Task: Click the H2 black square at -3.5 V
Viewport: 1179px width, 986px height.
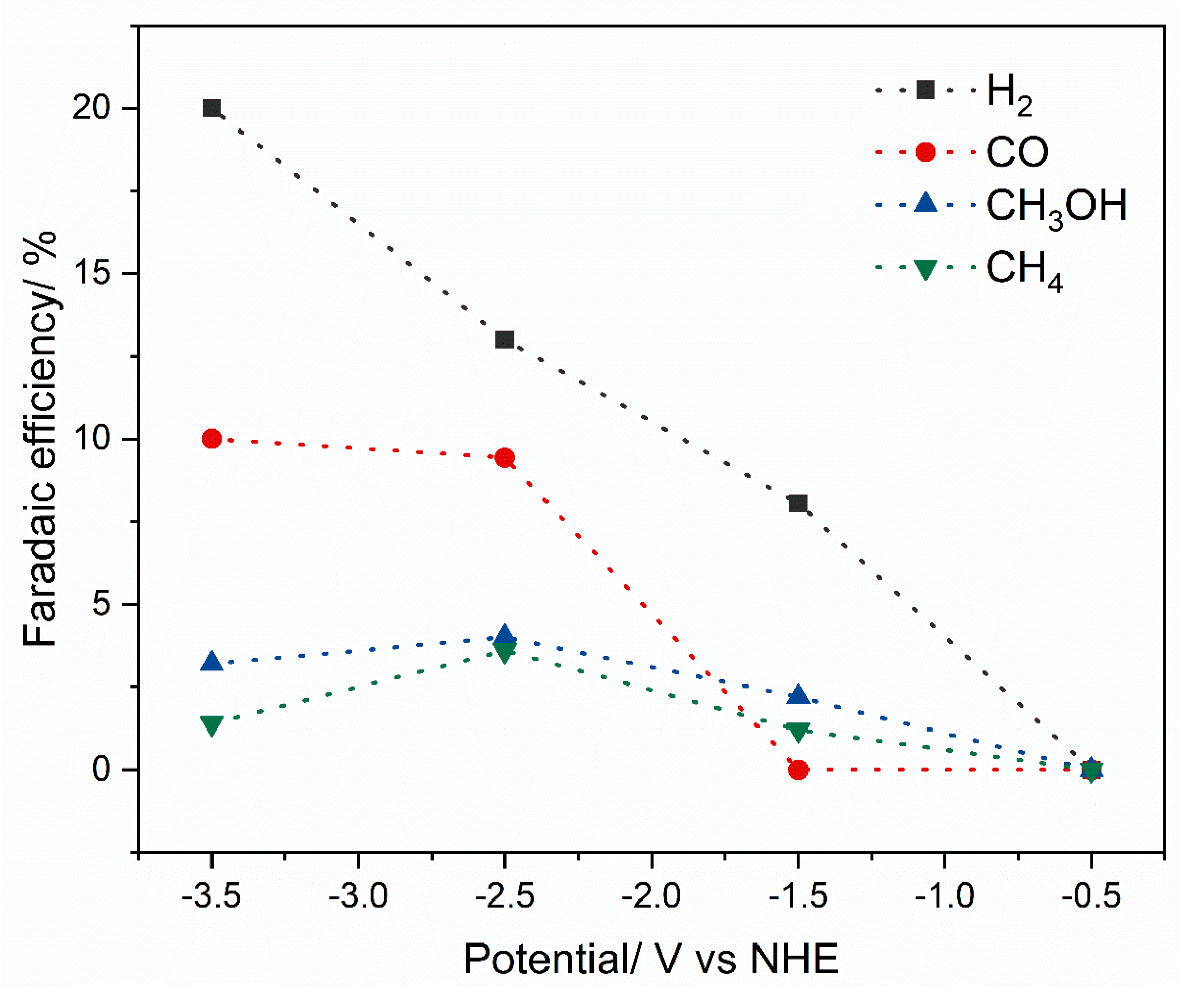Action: coord(212,108)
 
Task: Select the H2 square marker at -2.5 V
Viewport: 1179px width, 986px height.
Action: coord(504,339)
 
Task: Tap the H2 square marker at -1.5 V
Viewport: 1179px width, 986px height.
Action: coord(798,503)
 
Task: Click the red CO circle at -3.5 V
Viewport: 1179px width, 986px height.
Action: coord(212,438)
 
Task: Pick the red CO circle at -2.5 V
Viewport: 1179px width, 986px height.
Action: coord(504,458)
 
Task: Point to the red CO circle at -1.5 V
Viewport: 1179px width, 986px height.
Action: coord(798,769)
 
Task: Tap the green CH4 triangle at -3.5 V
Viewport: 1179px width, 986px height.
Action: coord(212,724)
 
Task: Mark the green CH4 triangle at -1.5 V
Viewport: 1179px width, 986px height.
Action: coord(798,731)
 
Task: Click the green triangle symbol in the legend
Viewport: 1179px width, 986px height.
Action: coord(925,269)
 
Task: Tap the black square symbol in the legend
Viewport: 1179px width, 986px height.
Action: coord(925,90)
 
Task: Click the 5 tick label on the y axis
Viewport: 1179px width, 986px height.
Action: coord(104,605)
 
